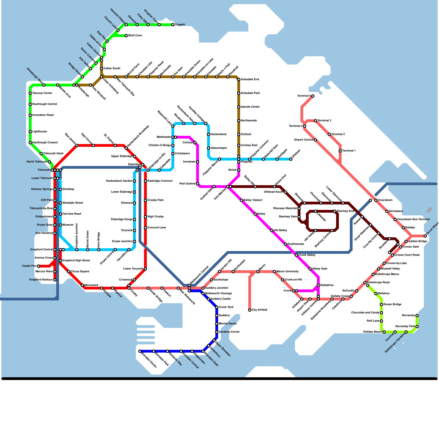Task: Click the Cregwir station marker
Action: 173,25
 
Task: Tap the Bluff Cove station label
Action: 135,36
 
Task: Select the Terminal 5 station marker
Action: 313,96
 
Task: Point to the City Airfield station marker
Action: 250,310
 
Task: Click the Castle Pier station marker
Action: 38,266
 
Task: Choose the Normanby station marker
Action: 417,316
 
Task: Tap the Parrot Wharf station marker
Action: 425,236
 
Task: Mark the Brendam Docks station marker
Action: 140,351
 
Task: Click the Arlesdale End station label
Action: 250,80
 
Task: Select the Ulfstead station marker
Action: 291,159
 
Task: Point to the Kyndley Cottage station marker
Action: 206,123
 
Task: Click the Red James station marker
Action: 77,145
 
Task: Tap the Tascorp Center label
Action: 42,93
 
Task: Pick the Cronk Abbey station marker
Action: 296,255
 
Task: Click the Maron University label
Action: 288,272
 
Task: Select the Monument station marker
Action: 82,285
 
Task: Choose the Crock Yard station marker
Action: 217,307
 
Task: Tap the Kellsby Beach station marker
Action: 384,332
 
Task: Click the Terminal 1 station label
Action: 349,151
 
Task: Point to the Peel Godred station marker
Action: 198,184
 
